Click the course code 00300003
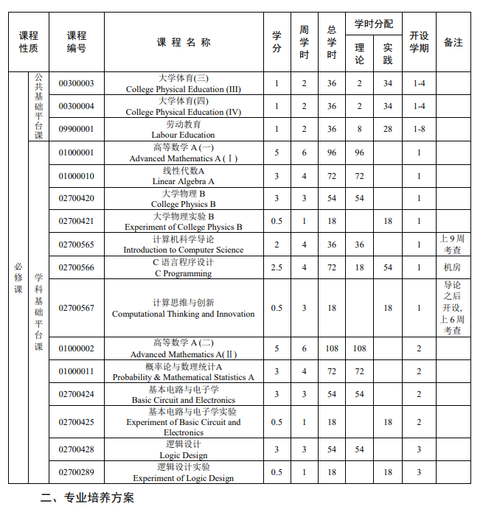point(77,83)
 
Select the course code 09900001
point(77,129)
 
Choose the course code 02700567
point(77,308)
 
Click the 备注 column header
point(453,42)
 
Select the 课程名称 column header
point(184,42)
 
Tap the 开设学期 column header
point(419,42)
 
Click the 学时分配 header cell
point(374,24)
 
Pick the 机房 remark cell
point(453,267)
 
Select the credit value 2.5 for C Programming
point(277,267)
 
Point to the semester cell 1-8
point(419,129)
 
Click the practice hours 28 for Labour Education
point(388,129)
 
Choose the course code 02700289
point(77,472)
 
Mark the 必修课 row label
point(18,278)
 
